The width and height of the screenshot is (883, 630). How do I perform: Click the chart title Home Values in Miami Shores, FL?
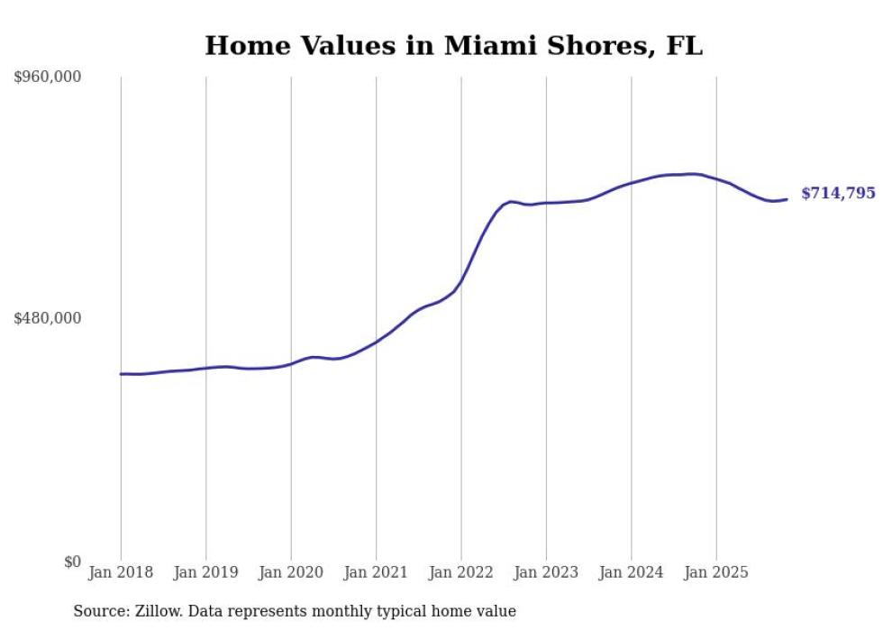[x=453, y=45]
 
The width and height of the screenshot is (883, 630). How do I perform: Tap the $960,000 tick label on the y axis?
[x=48, y=78]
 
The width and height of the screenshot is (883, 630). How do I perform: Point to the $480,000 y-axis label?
[x=48, y=318]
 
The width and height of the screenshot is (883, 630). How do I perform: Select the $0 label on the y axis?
[x=72, y=562]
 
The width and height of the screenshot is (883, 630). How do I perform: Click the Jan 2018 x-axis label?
[x=121, y=572]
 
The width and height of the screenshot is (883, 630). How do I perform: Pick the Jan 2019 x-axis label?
[x=206, y=572]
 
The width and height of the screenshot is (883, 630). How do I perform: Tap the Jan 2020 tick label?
[x=291, y=572]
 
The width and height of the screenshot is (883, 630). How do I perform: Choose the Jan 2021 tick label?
[x=376, y=572]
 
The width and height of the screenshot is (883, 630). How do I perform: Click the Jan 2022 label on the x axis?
[x=461, y=572]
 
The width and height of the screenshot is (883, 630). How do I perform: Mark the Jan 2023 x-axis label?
[x=546, y=572]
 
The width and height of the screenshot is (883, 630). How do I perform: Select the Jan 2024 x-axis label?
[x=632, y=572]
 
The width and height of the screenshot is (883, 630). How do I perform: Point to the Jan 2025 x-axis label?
[x=716, y=572]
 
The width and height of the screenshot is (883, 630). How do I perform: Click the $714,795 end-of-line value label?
[x=838, y=194]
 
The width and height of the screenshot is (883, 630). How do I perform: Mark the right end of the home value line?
[x=787, y=199]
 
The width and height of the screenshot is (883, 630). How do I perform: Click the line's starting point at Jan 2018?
[x=121, y=373]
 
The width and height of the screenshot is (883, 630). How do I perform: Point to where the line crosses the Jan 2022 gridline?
[x=461, y=282]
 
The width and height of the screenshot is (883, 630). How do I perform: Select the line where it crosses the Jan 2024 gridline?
[x=632, y=182]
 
